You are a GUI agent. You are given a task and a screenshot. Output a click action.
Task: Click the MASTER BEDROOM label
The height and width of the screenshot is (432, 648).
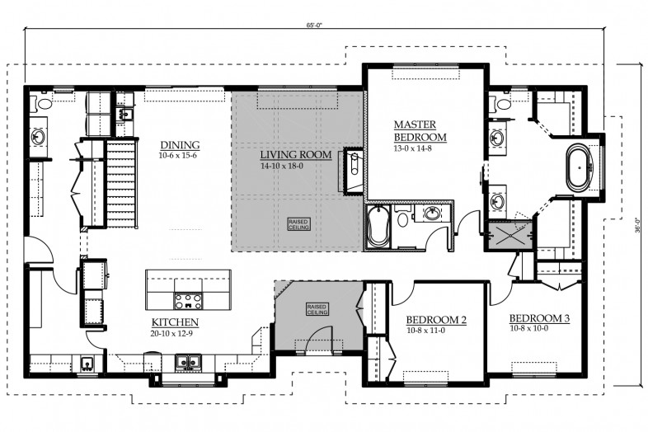[x=420, y=130]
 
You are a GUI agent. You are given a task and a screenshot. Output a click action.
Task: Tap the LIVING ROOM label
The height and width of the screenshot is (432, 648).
[x=295, y=155]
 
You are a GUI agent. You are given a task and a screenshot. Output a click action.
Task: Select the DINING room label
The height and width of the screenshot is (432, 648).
[x=180, y=145]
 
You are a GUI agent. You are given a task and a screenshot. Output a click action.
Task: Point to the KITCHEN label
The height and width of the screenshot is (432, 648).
[x=175, y=322]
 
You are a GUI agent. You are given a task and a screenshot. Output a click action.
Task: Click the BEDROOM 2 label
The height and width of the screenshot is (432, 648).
[x=436, y=320]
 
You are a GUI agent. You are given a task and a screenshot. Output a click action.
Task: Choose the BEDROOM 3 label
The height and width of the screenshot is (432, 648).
[x=539, y=318]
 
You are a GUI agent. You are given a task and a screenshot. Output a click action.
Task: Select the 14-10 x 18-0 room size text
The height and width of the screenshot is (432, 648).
[x=282, y=167]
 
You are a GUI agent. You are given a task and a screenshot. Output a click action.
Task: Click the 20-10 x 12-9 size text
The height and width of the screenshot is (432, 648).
[x=172, y=333]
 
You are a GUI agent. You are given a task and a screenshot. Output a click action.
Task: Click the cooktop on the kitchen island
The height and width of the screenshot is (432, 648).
[x=189, y=301]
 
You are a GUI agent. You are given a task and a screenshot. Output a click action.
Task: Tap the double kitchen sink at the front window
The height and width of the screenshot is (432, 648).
[x=188, y=362]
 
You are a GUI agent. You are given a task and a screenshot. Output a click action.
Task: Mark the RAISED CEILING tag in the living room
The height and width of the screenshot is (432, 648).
[x=298, y=224]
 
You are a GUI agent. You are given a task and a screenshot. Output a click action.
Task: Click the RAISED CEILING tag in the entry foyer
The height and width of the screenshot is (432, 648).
[x=317, y=309]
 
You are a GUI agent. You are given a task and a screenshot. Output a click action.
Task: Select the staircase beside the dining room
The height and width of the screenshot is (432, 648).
[x=121, y=183]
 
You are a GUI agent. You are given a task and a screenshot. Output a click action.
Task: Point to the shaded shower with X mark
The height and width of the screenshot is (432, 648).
[x=510, y=236]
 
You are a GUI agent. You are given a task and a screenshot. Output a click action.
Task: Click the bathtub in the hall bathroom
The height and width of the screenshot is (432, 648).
[x=378, y=227]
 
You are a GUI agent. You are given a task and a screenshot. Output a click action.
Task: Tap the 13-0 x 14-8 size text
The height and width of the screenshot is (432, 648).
[x=413, y=148]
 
